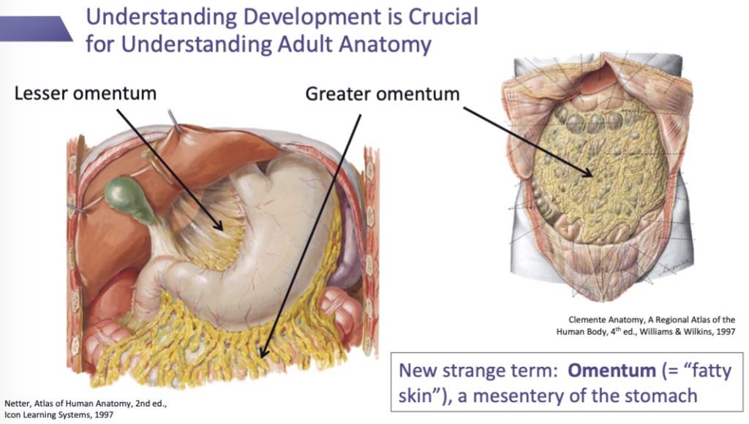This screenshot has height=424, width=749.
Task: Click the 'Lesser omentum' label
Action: pos(86,93)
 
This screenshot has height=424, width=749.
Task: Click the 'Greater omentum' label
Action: pos(383,94)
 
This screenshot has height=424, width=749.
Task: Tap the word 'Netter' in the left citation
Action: pos(18,403)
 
